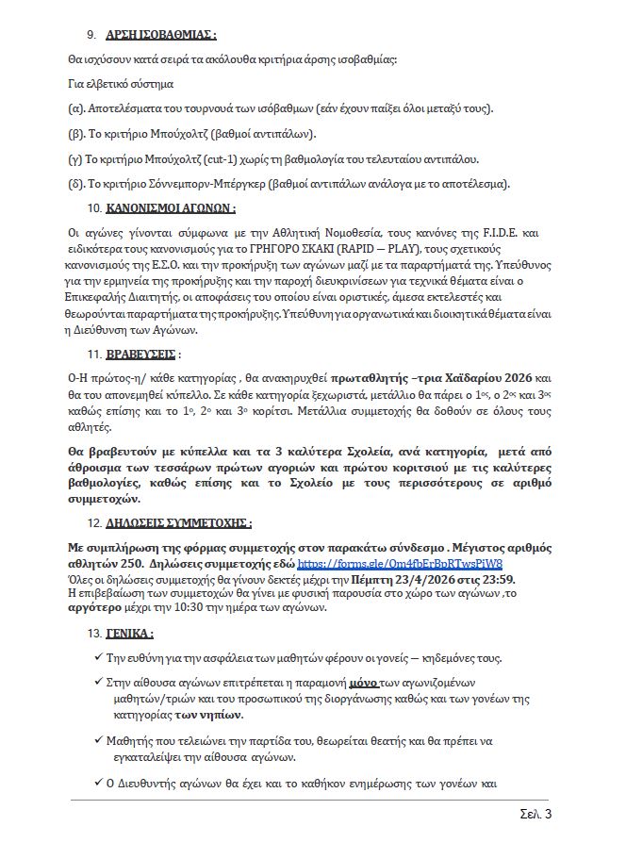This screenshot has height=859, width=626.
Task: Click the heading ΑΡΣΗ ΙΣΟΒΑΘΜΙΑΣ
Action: [x=160, y=35]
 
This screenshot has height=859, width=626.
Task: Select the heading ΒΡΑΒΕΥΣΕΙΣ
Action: [x=140, y=355]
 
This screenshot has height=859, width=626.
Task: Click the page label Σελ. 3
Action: [x=535, y=814]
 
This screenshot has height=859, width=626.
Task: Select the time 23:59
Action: [x=501, y=578]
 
